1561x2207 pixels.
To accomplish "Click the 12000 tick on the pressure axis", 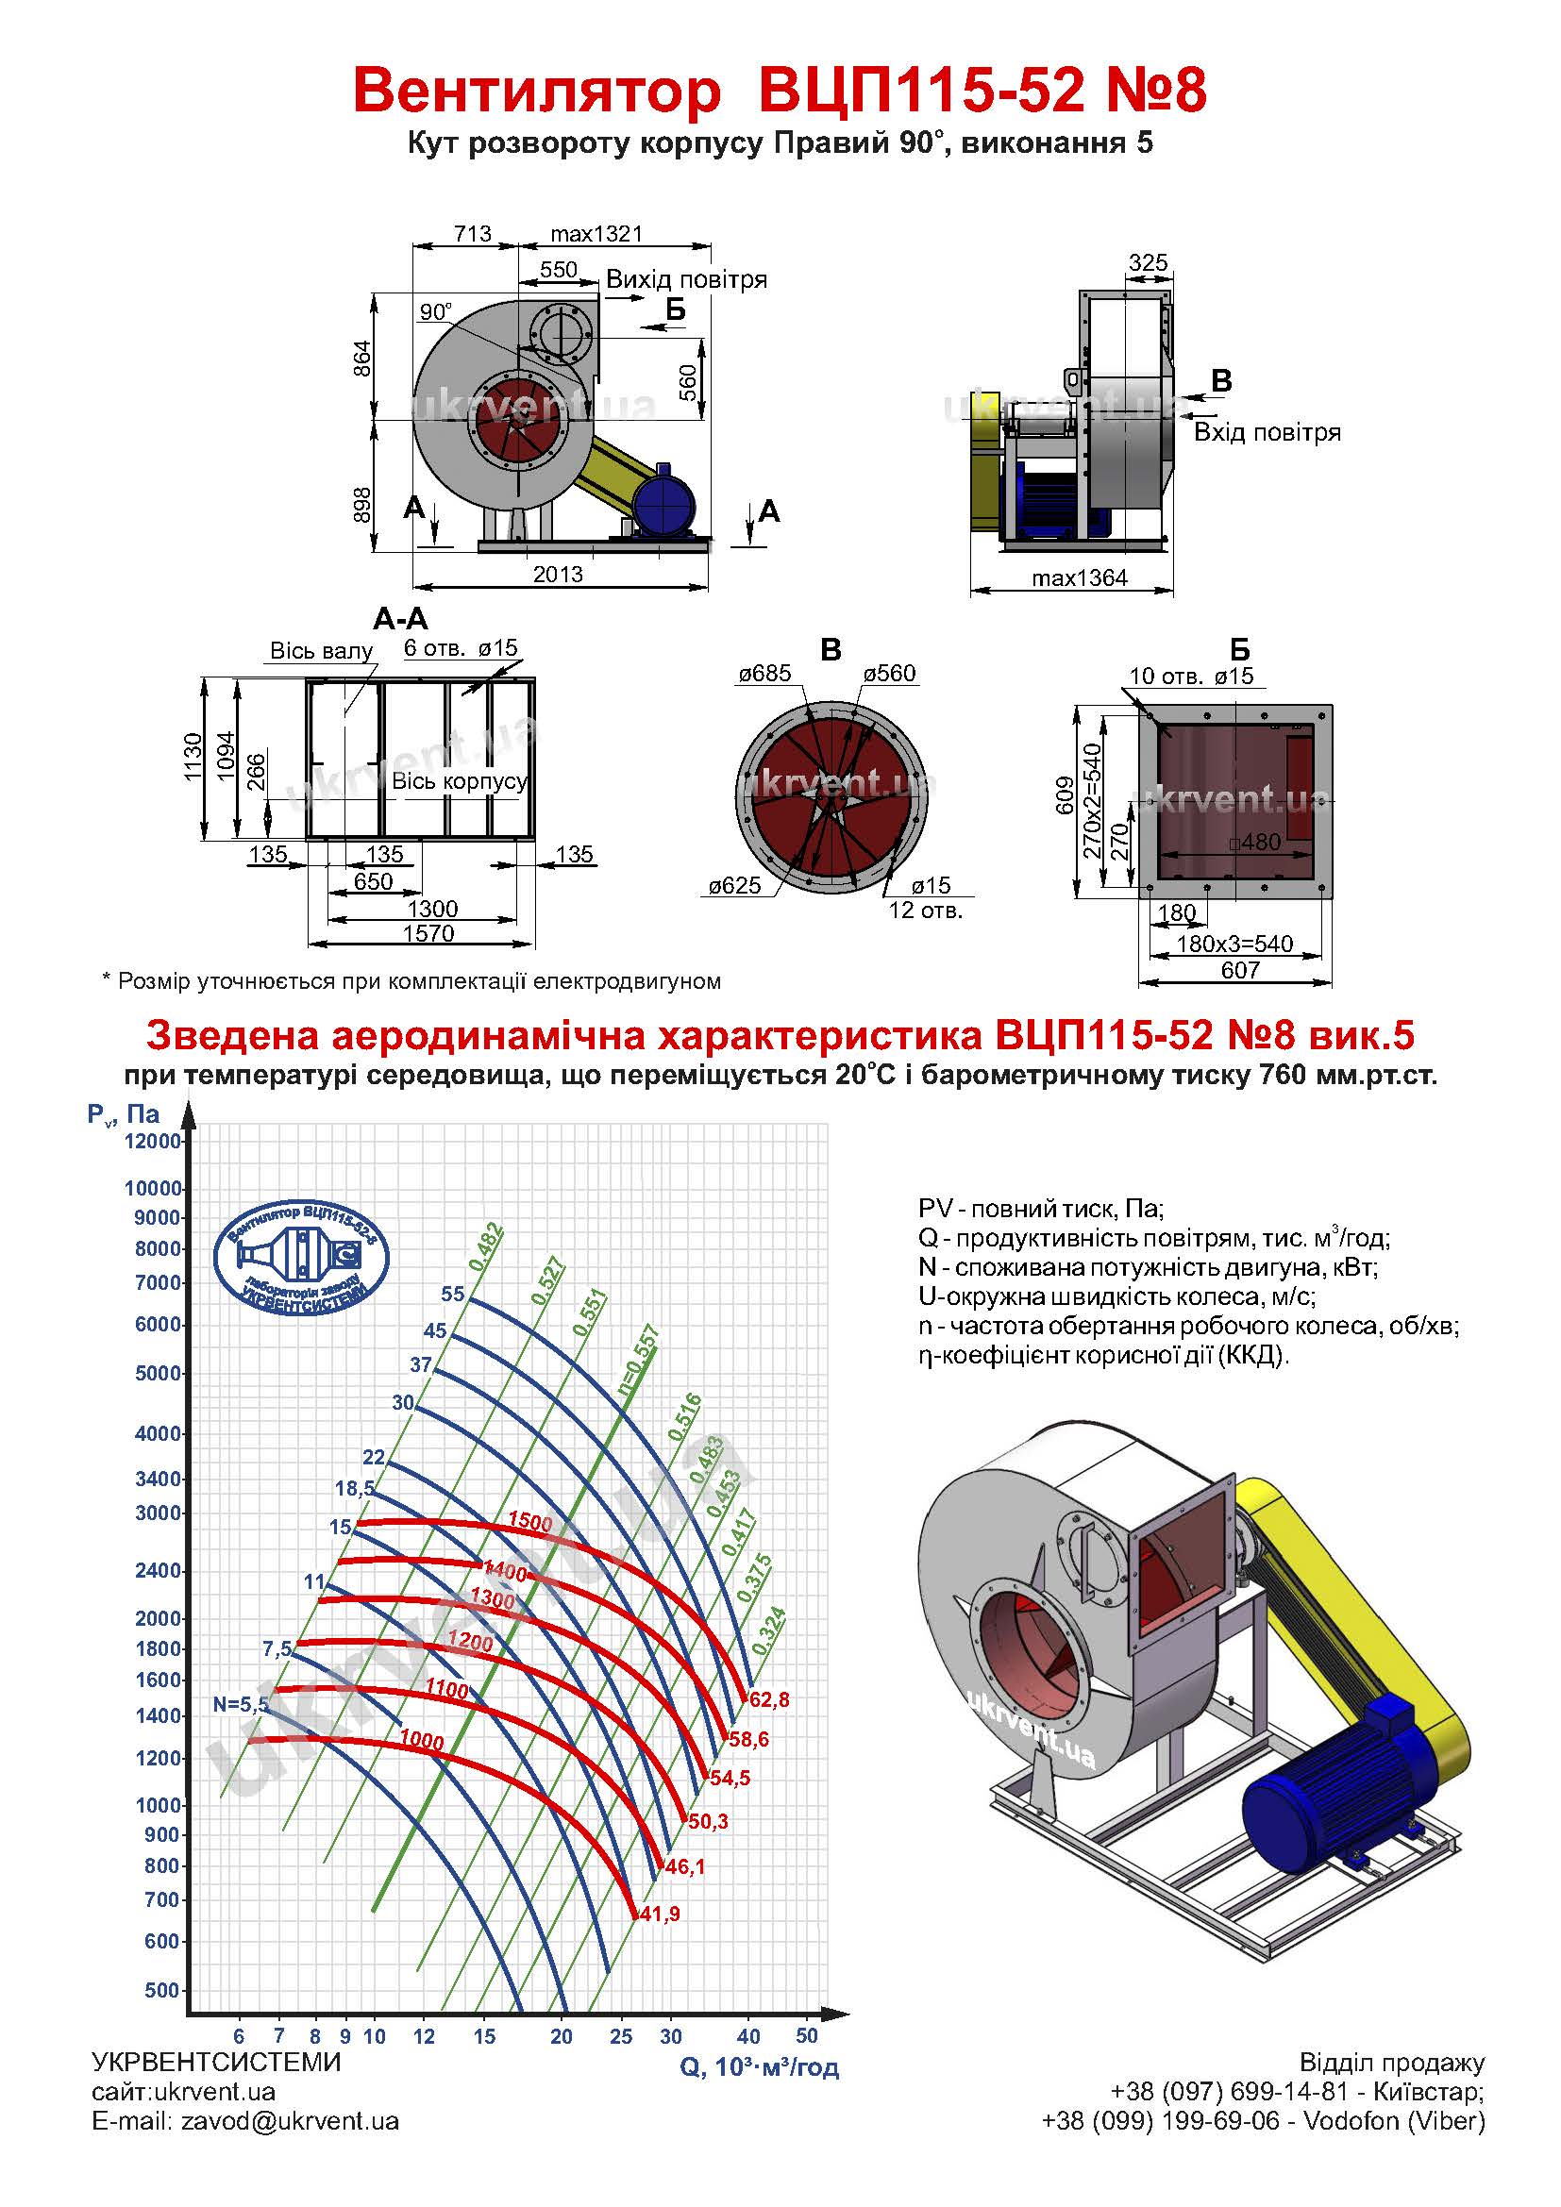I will (x=154, y=1141).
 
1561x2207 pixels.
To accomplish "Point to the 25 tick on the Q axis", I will (x=621, y=2035).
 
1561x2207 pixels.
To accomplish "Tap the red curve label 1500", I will (x=529, y=1522).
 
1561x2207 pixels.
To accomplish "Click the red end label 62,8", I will (x=769, y=1699).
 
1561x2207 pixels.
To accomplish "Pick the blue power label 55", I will (x=453, y=1294).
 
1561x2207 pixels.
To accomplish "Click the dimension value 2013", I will (x=558, y=575).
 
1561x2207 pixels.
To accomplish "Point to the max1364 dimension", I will (x=1079, y=578).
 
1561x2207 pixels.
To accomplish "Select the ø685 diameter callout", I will (x=764, y=674).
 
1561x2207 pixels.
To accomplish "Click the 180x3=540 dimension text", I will (x=1234, y=944).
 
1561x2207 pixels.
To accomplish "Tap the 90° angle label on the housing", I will (x=435, y=311).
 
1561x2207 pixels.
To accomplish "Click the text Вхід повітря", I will (x=1267, y=432).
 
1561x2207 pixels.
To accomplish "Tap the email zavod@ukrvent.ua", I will (x=290, y=2121).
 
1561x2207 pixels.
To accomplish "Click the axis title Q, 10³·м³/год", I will (x=760, y=2066).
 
